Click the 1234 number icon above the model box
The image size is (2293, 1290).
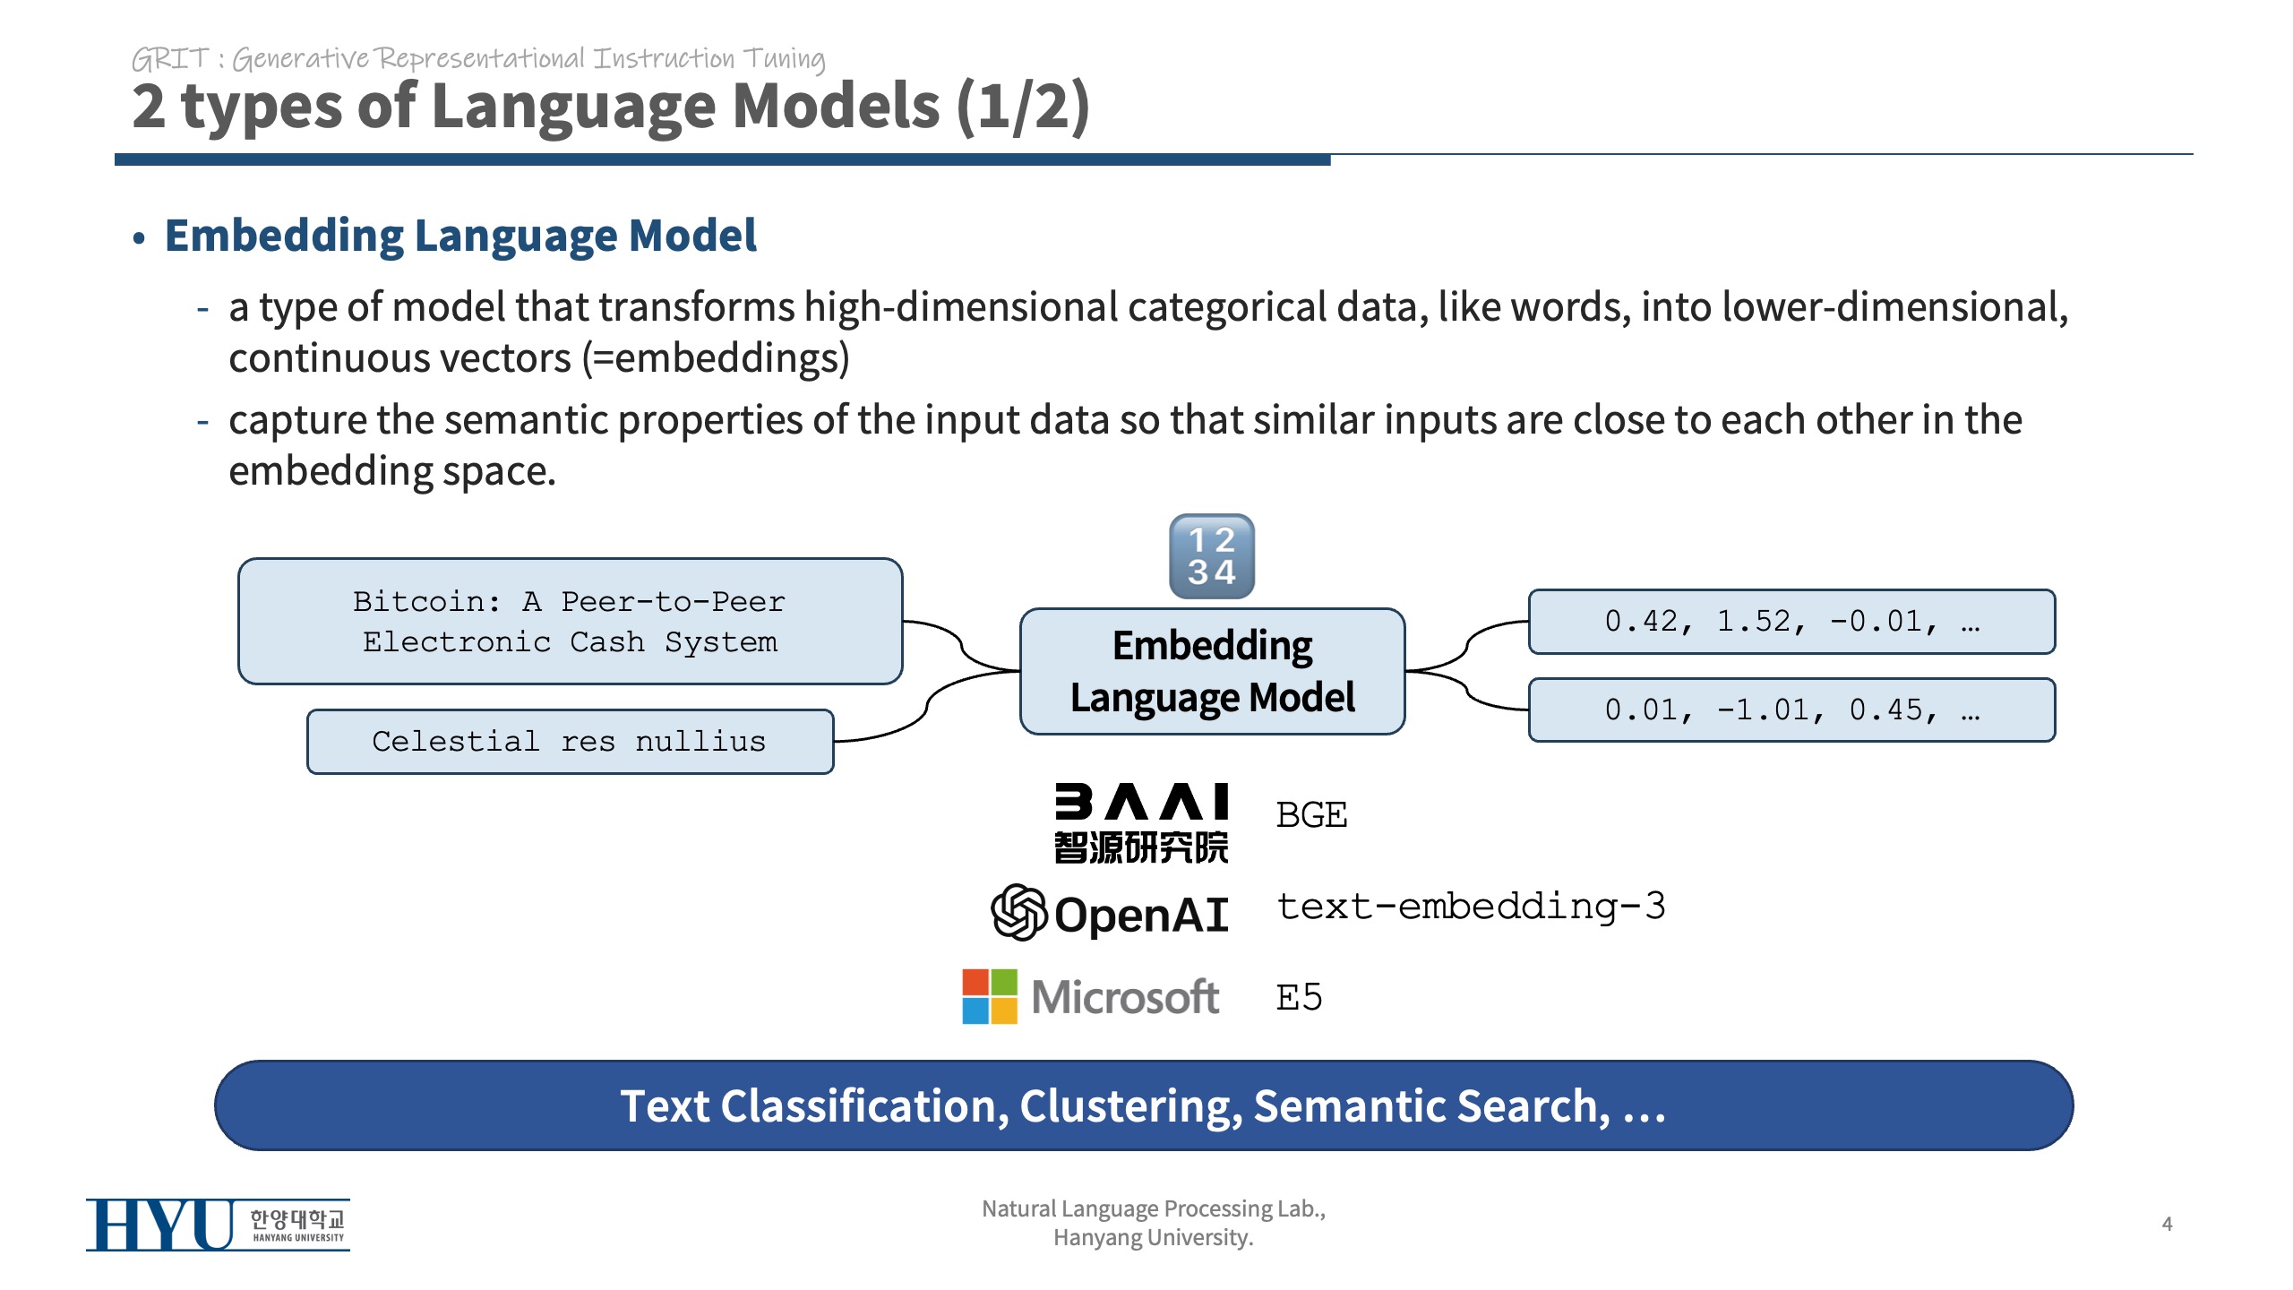pyautogui.click(x=1212, y=556)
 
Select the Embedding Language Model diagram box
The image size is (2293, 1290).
pyautogui.click(x=1212, y=671)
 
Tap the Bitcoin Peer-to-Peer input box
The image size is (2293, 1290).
pyautogui.click(x=570, y=621)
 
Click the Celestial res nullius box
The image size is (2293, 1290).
pyautogui.click(x=570, y=742)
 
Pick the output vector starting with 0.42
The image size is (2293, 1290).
pyautogui.click(x=1791, y=621)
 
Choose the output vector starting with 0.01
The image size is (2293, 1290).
pyautogui.click(x=1791, y=709)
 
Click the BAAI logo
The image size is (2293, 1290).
pyautogui.click(x=1141, y=822)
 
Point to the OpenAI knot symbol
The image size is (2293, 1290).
pyautogui.click(x=1019, y=912)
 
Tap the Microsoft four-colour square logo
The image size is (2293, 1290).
pyautogui.click(x=990, y=996)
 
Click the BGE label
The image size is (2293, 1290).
pyautogui.click(x=1311, y=815)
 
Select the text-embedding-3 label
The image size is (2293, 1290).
pyautogui.click(x=1471, y=906)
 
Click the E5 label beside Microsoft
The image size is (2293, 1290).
pyautogui.click(x=1299, y=997)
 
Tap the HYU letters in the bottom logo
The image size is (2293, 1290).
pyautogui.click(x=159, y=1225)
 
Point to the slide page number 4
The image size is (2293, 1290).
pyautogui.click(x=2167, y=1224)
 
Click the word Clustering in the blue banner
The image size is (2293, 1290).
pyautogui.click(x=1131, y=1106)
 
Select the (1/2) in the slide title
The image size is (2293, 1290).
pyautogui.click(x=1023, y=107)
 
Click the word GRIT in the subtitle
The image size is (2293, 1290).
pyautogui.click(x=170, y=59)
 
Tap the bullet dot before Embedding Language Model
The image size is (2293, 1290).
pyautogui.click(x=139, y=238)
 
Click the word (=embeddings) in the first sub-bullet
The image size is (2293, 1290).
pyautogui.click(x=716, y=358)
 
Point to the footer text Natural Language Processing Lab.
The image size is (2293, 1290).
pyautogui.click(x=1154, y=1208)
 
